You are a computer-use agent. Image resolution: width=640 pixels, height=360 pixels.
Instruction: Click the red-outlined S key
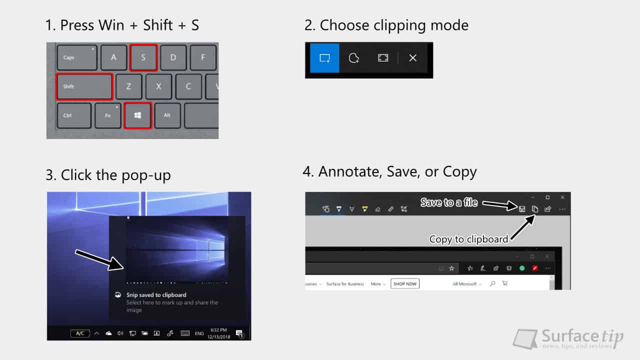click(x=143, y=57)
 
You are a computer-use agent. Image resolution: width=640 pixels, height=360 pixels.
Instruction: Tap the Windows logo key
click(x=137, y=115)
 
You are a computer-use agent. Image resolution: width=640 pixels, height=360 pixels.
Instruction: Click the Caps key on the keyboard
click(x=76, y=57)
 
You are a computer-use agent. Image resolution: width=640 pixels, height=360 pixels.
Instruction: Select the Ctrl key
click(x=74, y=115)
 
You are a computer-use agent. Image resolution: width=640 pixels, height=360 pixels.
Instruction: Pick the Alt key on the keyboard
click(x=167, y=115)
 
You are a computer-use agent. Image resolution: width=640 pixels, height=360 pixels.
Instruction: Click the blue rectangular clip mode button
click(x=324, y=58)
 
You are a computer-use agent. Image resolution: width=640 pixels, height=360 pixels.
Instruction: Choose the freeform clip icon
click(x=354, y=58)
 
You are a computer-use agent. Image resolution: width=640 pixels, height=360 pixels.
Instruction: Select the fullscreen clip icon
click(x=383, y=58)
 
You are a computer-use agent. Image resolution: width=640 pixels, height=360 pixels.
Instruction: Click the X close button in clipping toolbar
click(x=412, y=58)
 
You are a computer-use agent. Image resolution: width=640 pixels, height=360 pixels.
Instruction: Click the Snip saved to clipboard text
click(x=156, y=295)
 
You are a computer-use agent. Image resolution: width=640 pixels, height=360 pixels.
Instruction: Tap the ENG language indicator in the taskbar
click(x=199, y=333)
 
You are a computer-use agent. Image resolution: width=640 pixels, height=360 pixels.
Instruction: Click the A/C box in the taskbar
click(x=80, y=333)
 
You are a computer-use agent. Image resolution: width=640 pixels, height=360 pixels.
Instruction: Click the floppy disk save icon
click(x=522, y=209)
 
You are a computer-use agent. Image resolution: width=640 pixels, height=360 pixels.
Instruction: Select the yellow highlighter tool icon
click(x=365, y=209)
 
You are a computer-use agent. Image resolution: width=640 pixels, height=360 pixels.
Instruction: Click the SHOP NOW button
click(x=405, y=283)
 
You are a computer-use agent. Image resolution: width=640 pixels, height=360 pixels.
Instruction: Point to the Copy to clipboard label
click(x=468, y=239)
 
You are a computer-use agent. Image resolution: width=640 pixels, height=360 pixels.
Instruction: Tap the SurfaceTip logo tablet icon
click(x=526, y=338)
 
